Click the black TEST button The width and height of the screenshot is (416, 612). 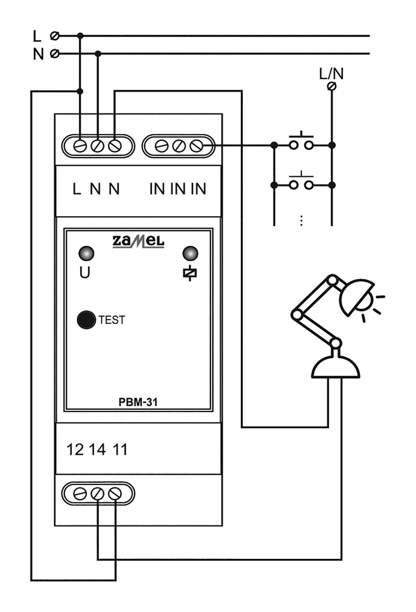(x=86, y=320)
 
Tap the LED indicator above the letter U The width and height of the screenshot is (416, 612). (x=86, y=253)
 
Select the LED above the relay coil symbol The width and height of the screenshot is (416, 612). (x=190, y=253)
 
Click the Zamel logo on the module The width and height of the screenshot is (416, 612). (x=139, y=242)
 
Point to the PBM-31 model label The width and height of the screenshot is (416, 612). (x=138, y=402)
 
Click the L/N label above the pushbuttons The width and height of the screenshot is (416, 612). (x=331, y=74)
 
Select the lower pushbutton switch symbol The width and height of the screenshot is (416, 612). (x=301, y=182)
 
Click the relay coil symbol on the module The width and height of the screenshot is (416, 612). (x=190, y=273)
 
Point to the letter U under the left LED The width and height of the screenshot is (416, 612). (x=85, y=273)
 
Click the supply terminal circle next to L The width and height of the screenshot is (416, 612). (x=55, y=36)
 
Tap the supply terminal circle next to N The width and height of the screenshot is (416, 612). (x=55, y=54)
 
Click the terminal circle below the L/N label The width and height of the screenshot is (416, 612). (x=331, y=86)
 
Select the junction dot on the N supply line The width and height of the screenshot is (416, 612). (x=98, y=54)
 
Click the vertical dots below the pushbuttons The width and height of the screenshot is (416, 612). (x=301, y=220)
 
